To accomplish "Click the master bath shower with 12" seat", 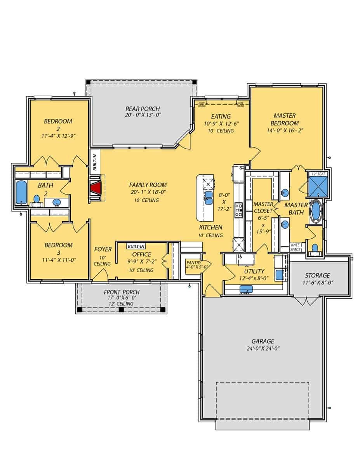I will [x=318, y=188].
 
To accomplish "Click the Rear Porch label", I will [x=143, y=109].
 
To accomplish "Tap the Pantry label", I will [x=193, y=262].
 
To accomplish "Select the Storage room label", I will [x=317, y=275].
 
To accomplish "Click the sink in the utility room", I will [x=246, y=289].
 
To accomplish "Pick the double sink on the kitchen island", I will [x=209, y=198].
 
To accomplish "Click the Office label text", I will [x=142, y=254].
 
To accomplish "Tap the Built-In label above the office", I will [x=136, y=247].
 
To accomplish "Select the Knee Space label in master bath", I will [x=295, y=247].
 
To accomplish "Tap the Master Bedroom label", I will [x=285, y=119].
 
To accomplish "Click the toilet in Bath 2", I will [x=37, y=199].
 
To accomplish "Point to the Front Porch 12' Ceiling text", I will [x=121, y=303].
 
